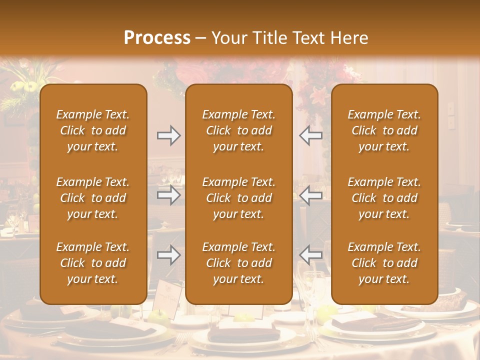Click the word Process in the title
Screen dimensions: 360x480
coord(157,38)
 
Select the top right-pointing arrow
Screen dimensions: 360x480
coord(168,135)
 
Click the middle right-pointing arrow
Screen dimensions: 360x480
coord(168,195)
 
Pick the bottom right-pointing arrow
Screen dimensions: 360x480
coord(168,255)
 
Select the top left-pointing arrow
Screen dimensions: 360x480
coord(310,135)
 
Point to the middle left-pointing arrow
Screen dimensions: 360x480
coord(310,195)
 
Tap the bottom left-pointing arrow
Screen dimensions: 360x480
coord(310,255)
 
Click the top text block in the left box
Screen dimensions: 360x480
coord(93,130)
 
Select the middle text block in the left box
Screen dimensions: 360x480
coord(93,198)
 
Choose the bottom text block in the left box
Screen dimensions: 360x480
coord(93,263)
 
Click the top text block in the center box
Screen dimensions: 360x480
coord(238,130)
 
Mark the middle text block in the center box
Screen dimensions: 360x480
coord(238,198)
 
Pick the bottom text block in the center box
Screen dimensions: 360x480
coord(238,263)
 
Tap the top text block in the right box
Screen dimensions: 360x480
coord(384,130)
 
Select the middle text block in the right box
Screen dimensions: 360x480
coord(384,198)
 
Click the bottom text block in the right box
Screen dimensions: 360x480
coord(384,263)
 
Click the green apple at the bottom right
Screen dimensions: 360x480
coord(327,312)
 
